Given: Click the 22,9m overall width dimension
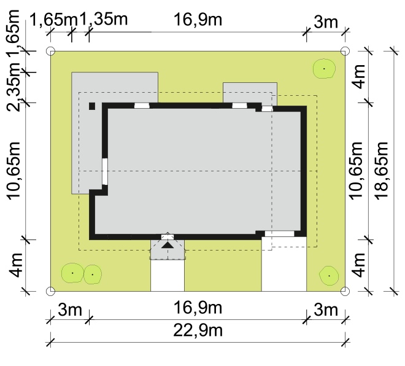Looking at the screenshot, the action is (x=198, y=330).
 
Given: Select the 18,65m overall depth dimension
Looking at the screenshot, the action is (x=382, y=171).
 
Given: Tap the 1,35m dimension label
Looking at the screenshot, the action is (x=104, y=19).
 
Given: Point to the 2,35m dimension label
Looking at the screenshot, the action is (x=13, y=87).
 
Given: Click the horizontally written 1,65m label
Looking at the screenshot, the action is (x=54, y=20).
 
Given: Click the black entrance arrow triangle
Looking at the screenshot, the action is (x=168, y=245).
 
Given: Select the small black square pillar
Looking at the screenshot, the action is (x=92, y=106).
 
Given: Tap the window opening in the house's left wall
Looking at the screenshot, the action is (x=104, y=171).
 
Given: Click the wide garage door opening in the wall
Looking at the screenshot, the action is (x=279, y=233).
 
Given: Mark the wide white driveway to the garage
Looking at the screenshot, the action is (x=284, y=264).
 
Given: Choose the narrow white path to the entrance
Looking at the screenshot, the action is (x=168, y=276).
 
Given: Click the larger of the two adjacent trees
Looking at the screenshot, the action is (x=72, y=273).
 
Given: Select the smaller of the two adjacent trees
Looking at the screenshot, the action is (x=93, y=274).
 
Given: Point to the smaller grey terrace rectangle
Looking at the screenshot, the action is (x=250, y=93).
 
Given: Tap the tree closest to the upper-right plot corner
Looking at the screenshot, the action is (x=324, y=69).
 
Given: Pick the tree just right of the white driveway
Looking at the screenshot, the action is (x=329, y=276).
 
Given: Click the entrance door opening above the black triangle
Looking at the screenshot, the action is (x=168, y=237).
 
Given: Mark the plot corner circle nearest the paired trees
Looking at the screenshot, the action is (x=50, y=291).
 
